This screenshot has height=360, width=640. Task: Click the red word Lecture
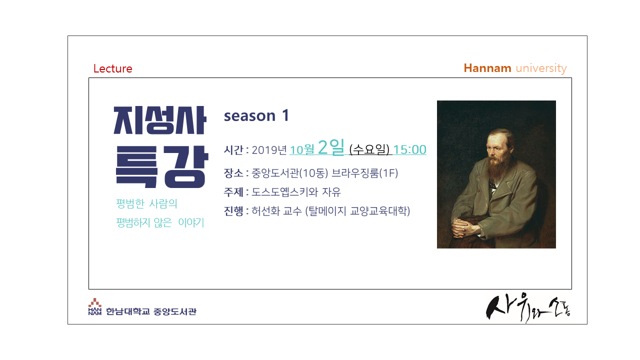coord(113,68)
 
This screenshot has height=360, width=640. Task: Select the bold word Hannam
coord(487,68)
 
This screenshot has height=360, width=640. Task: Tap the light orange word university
coord(541,68)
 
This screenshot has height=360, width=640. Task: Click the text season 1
coord(256,115)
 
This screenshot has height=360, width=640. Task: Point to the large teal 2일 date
coord(331,147)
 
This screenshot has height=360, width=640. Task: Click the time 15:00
coord(409,149)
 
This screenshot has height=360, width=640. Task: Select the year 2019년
coord(269,149)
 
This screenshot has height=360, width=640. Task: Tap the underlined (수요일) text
coord(369,149)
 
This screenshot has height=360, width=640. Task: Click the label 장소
coord(233,173)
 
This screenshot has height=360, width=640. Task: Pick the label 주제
coord(233,192)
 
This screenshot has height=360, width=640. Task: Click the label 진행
coord(233,211)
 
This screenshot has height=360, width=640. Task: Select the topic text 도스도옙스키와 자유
coord(296,192)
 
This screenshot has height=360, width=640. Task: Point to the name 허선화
coord(265,211)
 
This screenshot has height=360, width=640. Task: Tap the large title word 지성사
coord(160,120)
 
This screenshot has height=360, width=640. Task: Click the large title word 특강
coord(162,166)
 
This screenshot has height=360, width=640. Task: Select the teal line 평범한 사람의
coord(146,203)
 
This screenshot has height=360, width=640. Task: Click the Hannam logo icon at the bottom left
coord(95,306)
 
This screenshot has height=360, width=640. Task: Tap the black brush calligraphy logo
coord(528,307)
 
